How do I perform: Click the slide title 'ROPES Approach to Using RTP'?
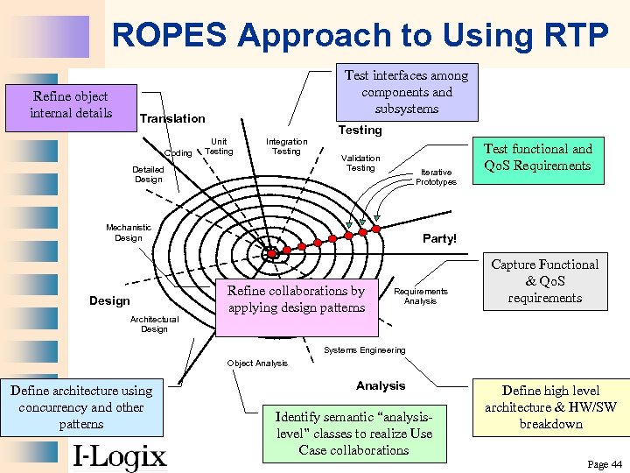point(360,35)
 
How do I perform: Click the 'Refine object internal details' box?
point(69,106)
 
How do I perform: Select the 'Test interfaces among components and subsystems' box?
point(406,93)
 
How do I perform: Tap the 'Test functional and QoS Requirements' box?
point(537,158)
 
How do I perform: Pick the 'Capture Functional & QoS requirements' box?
point(544,282)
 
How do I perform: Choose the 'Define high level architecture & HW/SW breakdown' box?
point(550,407)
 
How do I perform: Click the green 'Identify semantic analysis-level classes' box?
point(353,434)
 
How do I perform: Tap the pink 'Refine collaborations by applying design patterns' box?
point(296,300)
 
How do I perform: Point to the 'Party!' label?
point(439,238)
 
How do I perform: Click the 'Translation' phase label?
point(172,118)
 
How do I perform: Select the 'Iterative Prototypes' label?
point(436,177)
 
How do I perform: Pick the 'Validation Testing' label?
point(360,163)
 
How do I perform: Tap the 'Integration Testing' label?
point(286,146)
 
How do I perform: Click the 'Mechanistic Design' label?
point(128,232)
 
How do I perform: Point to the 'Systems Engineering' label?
point(364,350)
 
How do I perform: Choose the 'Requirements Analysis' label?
point(420,296)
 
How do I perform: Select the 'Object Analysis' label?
point(257,364)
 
